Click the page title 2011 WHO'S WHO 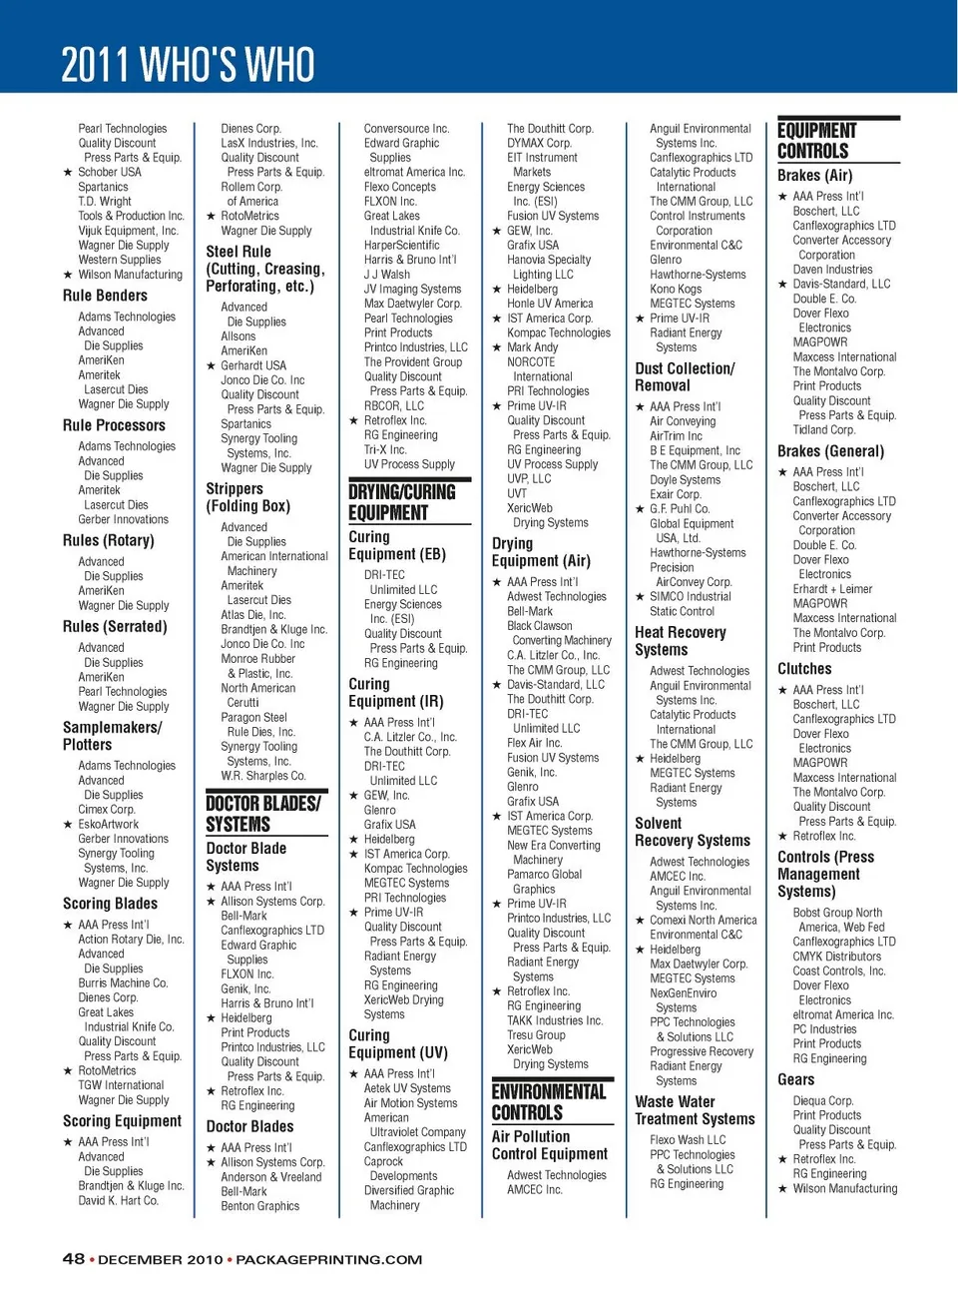(x=188, y=65)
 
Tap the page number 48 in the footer (x=74, y=1259)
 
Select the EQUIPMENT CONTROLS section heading (x=817, y=141)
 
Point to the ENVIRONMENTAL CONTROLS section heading (x=548, y=1102)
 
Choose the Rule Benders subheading (x=105, y=296)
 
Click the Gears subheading (x=795, y=1079)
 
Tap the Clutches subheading (x=804, y=669)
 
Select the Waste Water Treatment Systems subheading (x=695, y=1110)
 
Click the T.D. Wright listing (x=105, y=201)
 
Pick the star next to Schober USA (x=68, y=173)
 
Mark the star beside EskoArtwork (x=68, y=825)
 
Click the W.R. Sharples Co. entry (x=263, y=776)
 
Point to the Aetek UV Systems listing (x=407, y=1088)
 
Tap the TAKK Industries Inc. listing (x=555, y=1020)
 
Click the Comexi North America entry (x=703, y=921)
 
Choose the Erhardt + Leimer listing (x=832, y=589)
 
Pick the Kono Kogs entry (x=676, y=290)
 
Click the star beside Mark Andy (x=497, y=348)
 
